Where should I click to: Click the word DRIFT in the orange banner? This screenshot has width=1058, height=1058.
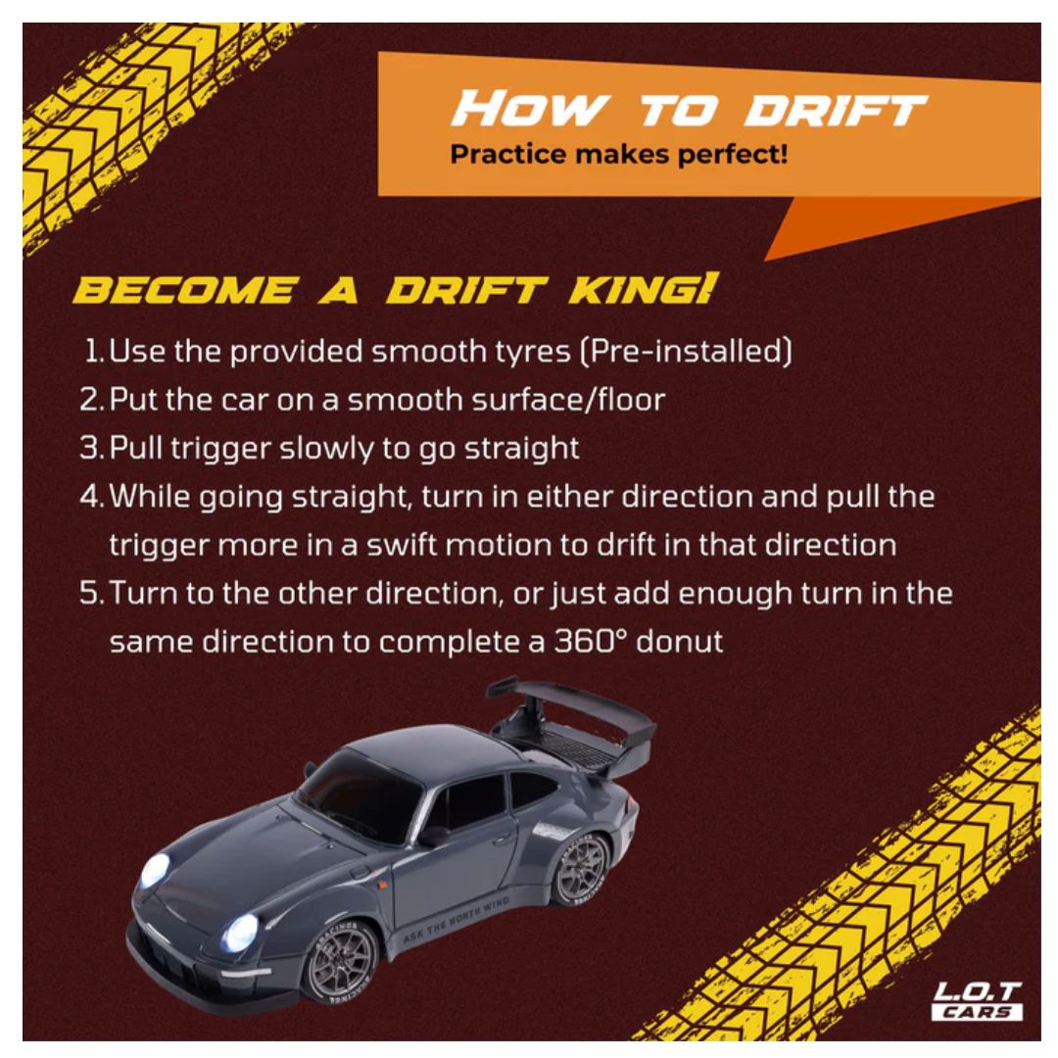coord(835,110)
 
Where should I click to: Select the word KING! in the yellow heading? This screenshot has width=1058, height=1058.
coord(641,290)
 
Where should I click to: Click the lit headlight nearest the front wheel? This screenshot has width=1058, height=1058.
coord(241,933)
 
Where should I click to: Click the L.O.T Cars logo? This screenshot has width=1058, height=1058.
coord(977,1001)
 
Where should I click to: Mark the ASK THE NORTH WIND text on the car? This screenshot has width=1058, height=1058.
coord(457,919)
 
